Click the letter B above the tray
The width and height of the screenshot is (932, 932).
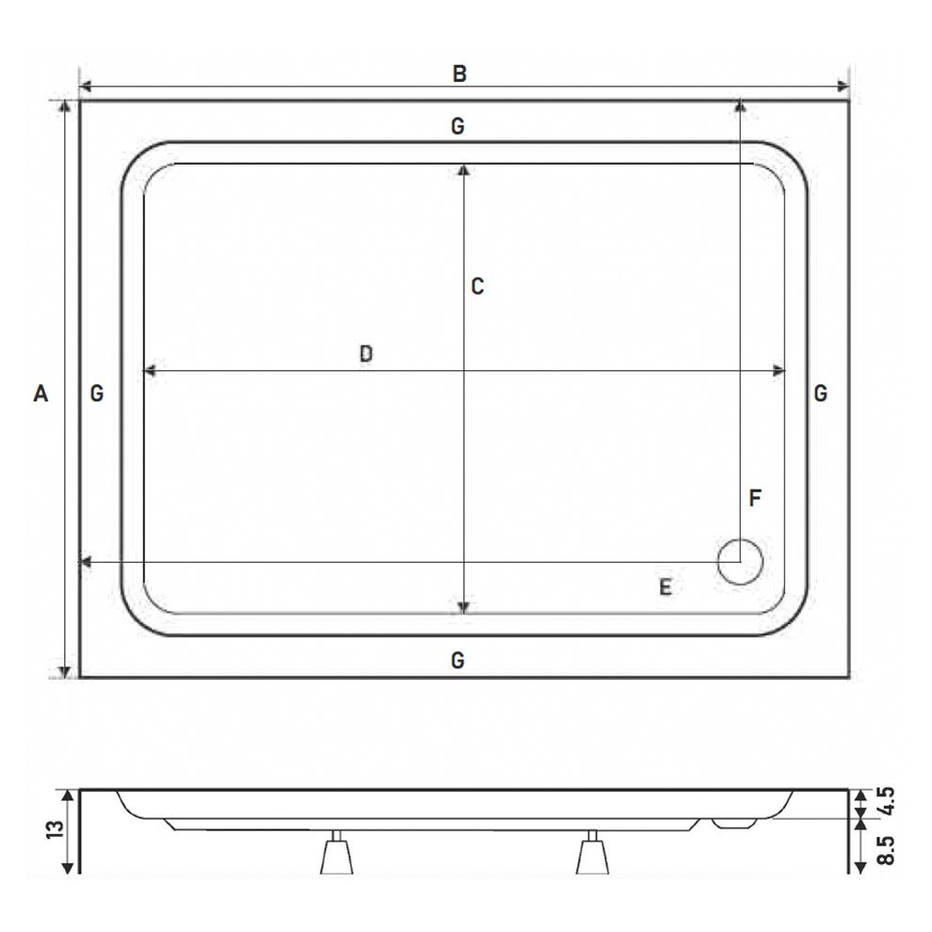click(459, 73)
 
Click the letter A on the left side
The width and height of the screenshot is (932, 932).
click(40, 394)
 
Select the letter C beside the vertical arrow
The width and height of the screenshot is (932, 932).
click(477, 287)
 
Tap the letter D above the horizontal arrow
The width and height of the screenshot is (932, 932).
click(366, 354)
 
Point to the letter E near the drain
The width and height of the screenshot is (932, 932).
click(665, 588)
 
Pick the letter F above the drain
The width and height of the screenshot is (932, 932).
click(755, 499)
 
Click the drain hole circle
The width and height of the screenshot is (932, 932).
click(739, 562)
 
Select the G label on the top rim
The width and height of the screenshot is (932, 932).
click(458, 126)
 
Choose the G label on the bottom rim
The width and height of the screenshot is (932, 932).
click(458, 661)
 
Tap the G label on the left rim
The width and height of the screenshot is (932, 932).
click(97, 394)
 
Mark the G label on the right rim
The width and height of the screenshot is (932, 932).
click(821, 394)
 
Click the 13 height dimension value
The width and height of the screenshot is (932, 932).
click(53, 828)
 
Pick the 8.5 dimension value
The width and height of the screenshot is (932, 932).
click(884, 850)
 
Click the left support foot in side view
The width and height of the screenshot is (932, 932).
click(336, 855)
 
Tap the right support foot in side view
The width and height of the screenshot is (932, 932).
click(592, 855)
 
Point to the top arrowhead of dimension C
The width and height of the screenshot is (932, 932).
click(463, 169)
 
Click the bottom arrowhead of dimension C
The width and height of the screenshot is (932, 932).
click(463, 607)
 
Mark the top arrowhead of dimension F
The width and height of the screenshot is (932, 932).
click(740, 106)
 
